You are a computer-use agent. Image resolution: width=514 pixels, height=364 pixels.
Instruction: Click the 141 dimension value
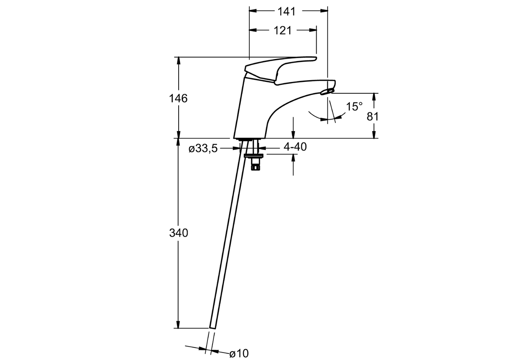pyautogui.click(x=287, y=11)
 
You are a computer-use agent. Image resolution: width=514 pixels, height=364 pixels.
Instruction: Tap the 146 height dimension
pyautogui.click(x=178, y=98)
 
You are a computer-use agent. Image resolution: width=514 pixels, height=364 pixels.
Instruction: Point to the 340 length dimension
pyautogui.click(x=178, y=233)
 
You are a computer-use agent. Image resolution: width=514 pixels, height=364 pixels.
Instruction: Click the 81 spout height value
pyautogui.click(x=373, y=116)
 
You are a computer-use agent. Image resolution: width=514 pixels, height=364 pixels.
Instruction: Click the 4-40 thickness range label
pyautogui.click(x=295, y=147)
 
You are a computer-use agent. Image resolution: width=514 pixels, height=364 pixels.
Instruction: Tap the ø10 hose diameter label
pyautogui.click(x=239, y=353)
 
